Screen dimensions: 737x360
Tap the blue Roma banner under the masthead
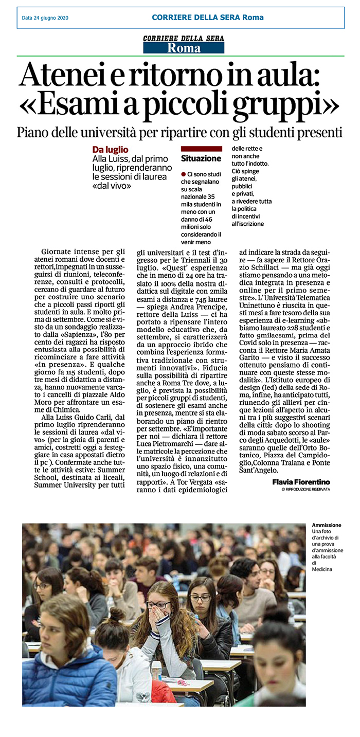tap(184, 49)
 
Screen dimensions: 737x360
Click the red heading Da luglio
tap(110, 150)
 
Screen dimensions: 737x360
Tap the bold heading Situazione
tap(201, 159)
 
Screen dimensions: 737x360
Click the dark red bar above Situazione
tap(201, 149)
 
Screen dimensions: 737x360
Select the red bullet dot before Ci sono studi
tap(184, 175)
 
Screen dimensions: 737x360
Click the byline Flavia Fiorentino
tap(301, 481)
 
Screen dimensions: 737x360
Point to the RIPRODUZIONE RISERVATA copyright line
tap(305, 489)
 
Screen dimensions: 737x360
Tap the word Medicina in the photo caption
tap(322, 569)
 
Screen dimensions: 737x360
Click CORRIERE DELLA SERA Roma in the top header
tap(207, 17)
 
